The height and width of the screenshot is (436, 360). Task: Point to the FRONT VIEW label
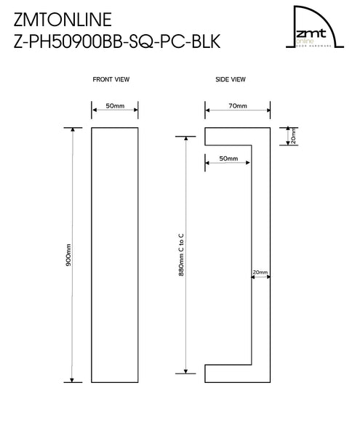click(112, 78)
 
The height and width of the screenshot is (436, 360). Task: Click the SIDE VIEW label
click(231, 78)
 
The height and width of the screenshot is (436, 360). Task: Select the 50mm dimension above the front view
click(115, 106)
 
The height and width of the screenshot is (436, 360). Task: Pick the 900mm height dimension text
click(68, 254)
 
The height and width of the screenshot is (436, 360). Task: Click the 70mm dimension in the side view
click(238, 106)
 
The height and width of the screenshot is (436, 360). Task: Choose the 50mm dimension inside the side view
click(228, 158)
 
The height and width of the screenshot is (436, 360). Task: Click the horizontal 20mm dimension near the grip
click(260, 273)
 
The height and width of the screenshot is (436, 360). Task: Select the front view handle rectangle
click(115, 254)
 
